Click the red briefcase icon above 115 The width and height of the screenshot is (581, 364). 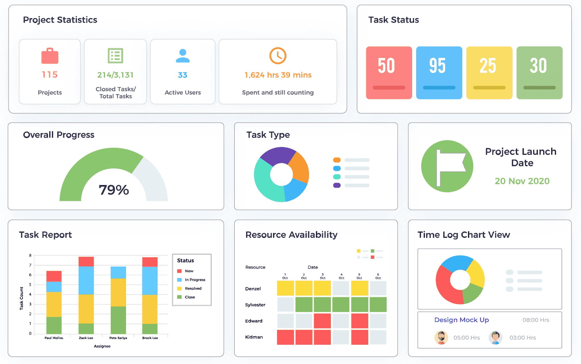click(50, 56)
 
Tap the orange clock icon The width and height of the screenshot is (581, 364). click(278, 56)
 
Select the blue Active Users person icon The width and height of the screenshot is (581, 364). click(183, 56)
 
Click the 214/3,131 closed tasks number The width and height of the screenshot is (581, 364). click(115, 75)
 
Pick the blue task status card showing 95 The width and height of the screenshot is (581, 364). click(439, 73)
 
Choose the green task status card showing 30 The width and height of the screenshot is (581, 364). click(539, 73)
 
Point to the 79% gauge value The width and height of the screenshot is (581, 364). click(114, 190)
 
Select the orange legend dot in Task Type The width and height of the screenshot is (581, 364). click(337, 160)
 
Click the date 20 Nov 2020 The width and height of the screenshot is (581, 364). click(522, 181)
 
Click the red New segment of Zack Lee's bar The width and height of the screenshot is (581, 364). click(86, 261)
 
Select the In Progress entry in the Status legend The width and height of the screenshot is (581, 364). click(195, 280)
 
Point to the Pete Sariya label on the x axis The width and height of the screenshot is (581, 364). click(118, 338)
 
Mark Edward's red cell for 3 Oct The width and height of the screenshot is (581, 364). click(322, 321)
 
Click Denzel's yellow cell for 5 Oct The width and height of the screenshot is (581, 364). click(359, 289)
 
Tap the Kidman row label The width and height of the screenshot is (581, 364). click(254, 337)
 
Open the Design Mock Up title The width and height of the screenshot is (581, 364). click(462, 320)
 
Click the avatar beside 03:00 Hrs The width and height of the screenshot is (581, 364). click(495, 338)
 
